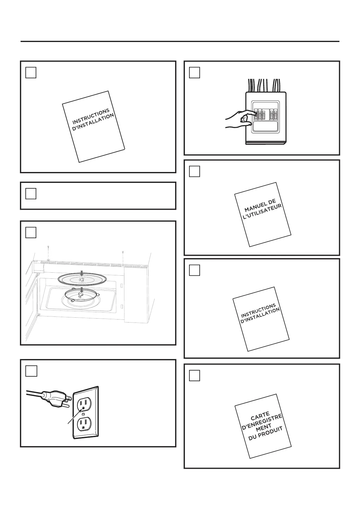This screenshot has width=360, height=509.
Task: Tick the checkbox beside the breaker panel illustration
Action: click(195, 73)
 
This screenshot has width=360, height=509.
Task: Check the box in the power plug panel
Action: click(31, 371)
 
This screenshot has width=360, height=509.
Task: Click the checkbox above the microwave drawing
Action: click(31, 232)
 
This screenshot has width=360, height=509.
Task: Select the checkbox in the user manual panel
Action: click(195, 171)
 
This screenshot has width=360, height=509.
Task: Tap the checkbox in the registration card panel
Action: click(195, 376)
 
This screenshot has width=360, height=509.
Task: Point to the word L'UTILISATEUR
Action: click(262, 212)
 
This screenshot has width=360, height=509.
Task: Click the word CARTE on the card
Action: click(260, 416)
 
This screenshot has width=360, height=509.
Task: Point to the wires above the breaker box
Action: click(264, 86)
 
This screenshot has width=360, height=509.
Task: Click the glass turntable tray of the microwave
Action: click(82, 279)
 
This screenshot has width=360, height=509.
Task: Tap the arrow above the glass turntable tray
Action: click(82, 273)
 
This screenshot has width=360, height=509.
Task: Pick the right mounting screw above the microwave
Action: click(123, 258)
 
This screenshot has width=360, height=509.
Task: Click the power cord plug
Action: click(56, 399)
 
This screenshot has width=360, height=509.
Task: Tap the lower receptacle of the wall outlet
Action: click(84, 424)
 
